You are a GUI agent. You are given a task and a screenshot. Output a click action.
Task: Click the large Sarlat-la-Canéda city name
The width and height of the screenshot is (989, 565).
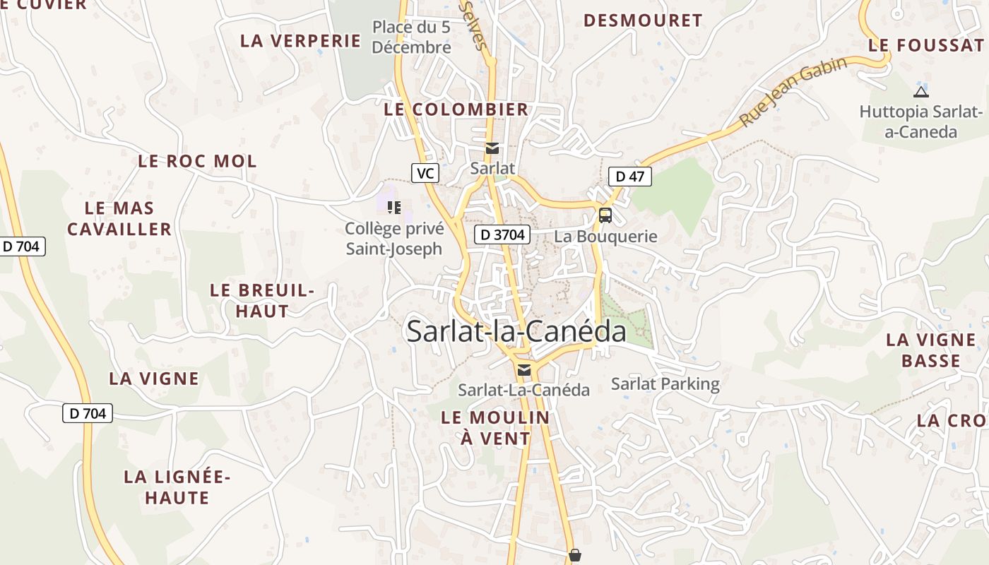pyautogui.click(x=516, y=332)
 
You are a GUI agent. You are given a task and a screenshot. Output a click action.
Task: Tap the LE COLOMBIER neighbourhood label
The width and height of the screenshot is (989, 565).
pyautogui.click(x=456, y=109)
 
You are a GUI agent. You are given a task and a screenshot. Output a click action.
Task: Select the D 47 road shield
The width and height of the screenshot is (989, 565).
pyautogui.click(x=629, y=177)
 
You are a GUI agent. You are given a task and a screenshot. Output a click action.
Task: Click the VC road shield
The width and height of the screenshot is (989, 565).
pyautogui.click(x=425, y=173)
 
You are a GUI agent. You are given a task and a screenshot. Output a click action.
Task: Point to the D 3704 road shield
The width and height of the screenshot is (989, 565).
pyautogui.click(x=502, y=235)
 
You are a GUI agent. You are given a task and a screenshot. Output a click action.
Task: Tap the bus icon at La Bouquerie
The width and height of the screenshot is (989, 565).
pyautogui.click(x=605, y=215)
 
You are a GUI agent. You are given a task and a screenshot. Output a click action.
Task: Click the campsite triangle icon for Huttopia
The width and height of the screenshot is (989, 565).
pyautogui.click(x=920, y=91)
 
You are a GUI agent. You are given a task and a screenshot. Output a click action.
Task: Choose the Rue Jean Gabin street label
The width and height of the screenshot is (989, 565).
pyautogui.click(x=793, y=93)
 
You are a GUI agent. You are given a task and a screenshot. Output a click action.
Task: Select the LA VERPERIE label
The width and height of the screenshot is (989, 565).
pyautogui.click(x=300, y=41)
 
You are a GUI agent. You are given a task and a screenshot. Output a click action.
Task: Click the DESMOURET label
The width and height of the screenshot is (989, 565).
pyautogui.click(x=643, y=20)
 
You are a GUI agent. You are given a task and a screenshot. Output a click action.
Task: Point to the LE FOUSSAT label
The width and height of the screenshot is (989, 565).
pyautogui.click(x=926, y=45)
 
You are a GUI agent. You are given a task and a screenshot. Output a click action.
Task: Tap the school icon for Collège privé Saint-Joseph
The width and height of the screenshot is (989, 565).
pyautogui.click(x=394, y=208)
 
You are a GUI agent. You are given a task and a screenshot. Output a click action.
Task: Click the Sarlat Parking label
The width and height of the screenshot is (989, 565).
pyautogui.click(x=665, y=384)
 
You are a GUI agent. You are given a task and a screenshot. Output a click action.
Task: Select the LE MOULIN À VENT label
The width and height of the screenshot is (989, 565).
pyautogui.click(x=495, y=428)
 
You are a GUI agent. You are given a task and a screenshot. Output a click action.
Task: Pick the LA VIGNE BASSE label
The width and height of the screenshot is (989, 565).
pyautogui.click(x=930, y=350)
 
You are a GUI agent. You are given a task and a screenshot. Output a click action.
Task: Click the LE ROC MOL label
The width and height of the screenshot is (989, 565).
pyautogui.click(x=197, y=161)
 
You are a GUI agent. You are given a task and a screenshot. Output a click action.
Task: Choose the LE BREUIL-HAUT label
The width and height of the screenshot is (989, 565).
pyautogui.click(x=261, y=301)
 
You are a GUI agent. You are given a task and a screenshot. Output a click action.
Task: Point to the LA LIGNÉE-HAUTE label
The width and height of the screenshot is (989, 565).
pyautogui.click(x=177, y=487)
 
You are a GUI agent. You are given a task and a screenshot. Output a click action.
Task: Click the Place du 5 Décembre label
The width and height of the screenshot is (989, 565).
pyautogui.click(x=411, y=37)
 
